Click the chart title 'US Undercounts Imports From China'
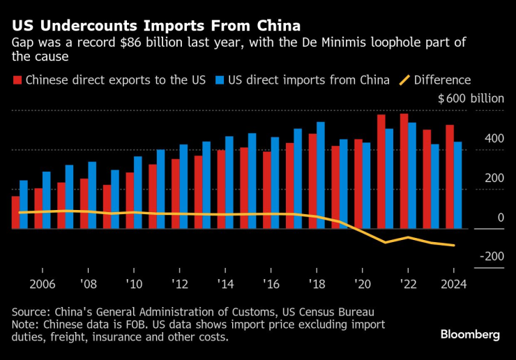tap(155, 26)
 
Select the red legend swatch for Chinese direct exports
tap(17, 80)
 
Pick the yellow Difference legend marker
tap(403, 80)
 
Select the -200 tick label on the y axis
tap(492, 257)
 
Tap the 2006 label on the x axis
tap(43, 285)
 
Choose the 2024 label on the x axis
tap(453, 285)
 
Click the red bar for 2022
tap(404, 171)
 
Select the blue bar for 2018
tap(321, 175)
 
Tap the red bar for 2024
tap(450, 177)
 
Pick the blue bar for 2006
tap(47, 200)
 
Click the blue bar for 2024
tap(458, 185)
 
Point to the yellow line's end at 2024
tap(454, 245)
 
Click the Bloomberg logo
tap(470, 335)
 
